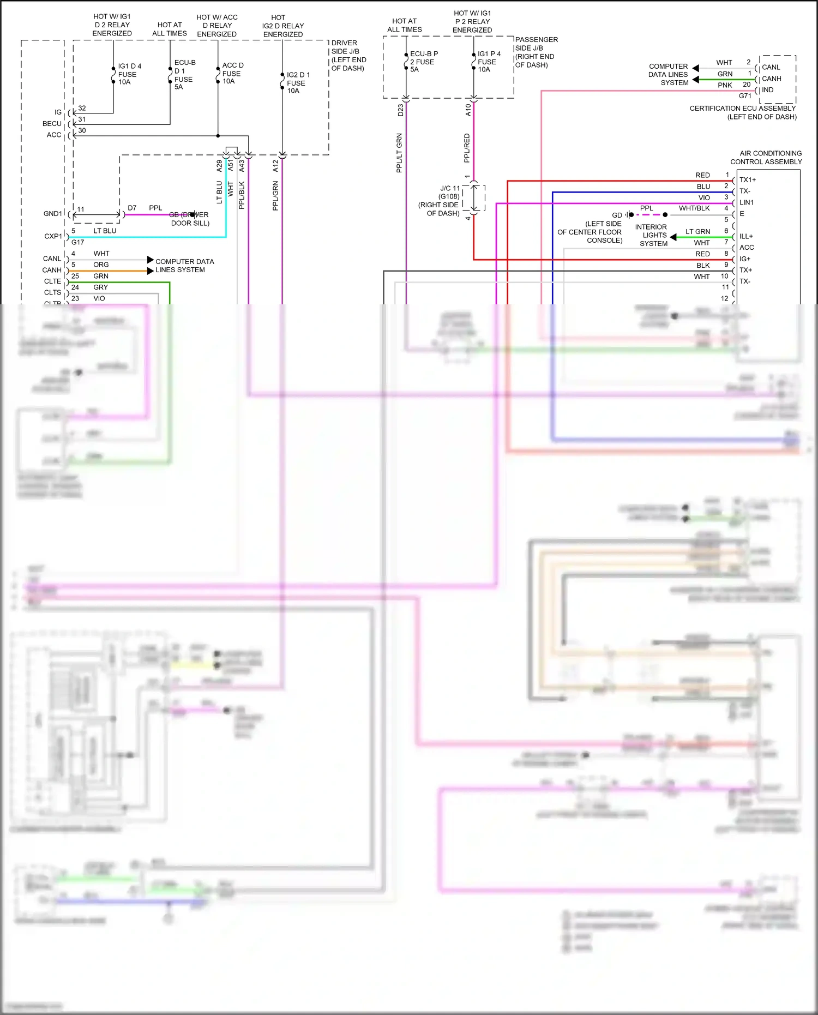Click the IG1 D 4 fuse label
coord(129,74)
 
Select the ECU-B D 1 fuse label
coord(184,75)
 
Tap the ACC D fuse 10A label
coord(232,73)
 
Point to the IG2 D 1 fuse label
coord(298,83)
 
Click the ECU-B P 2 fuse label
coord(423,62)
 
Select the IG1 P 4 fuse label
coord(489,62)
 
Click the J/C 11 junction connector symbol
coord(474,197)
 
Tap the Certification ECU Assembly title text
coord(743,112)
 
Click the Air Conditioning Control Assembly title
coord(766,158)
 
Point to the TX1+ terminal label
coord(747,180)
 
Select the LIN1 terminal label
coord(746,202)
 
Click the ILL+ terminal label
coord(745,236)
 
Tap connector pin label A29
coord(219,166)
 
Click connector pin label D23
coord(401,110)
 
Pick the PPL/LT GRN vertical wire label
coord(399,153)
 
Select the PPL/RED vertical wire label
coord(467,148)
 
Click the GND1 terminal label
coord(53,214)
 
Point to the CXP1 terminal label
coord(53,236)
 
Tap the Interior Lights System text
coord(651,235)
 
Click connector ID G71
coord(745,96)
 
